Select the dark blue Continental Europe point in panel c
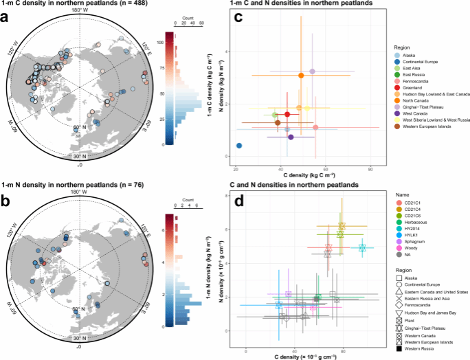point(239,146)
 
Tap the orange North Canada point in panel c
point(301,76)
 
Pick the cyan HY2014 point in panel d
point(362,247)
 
